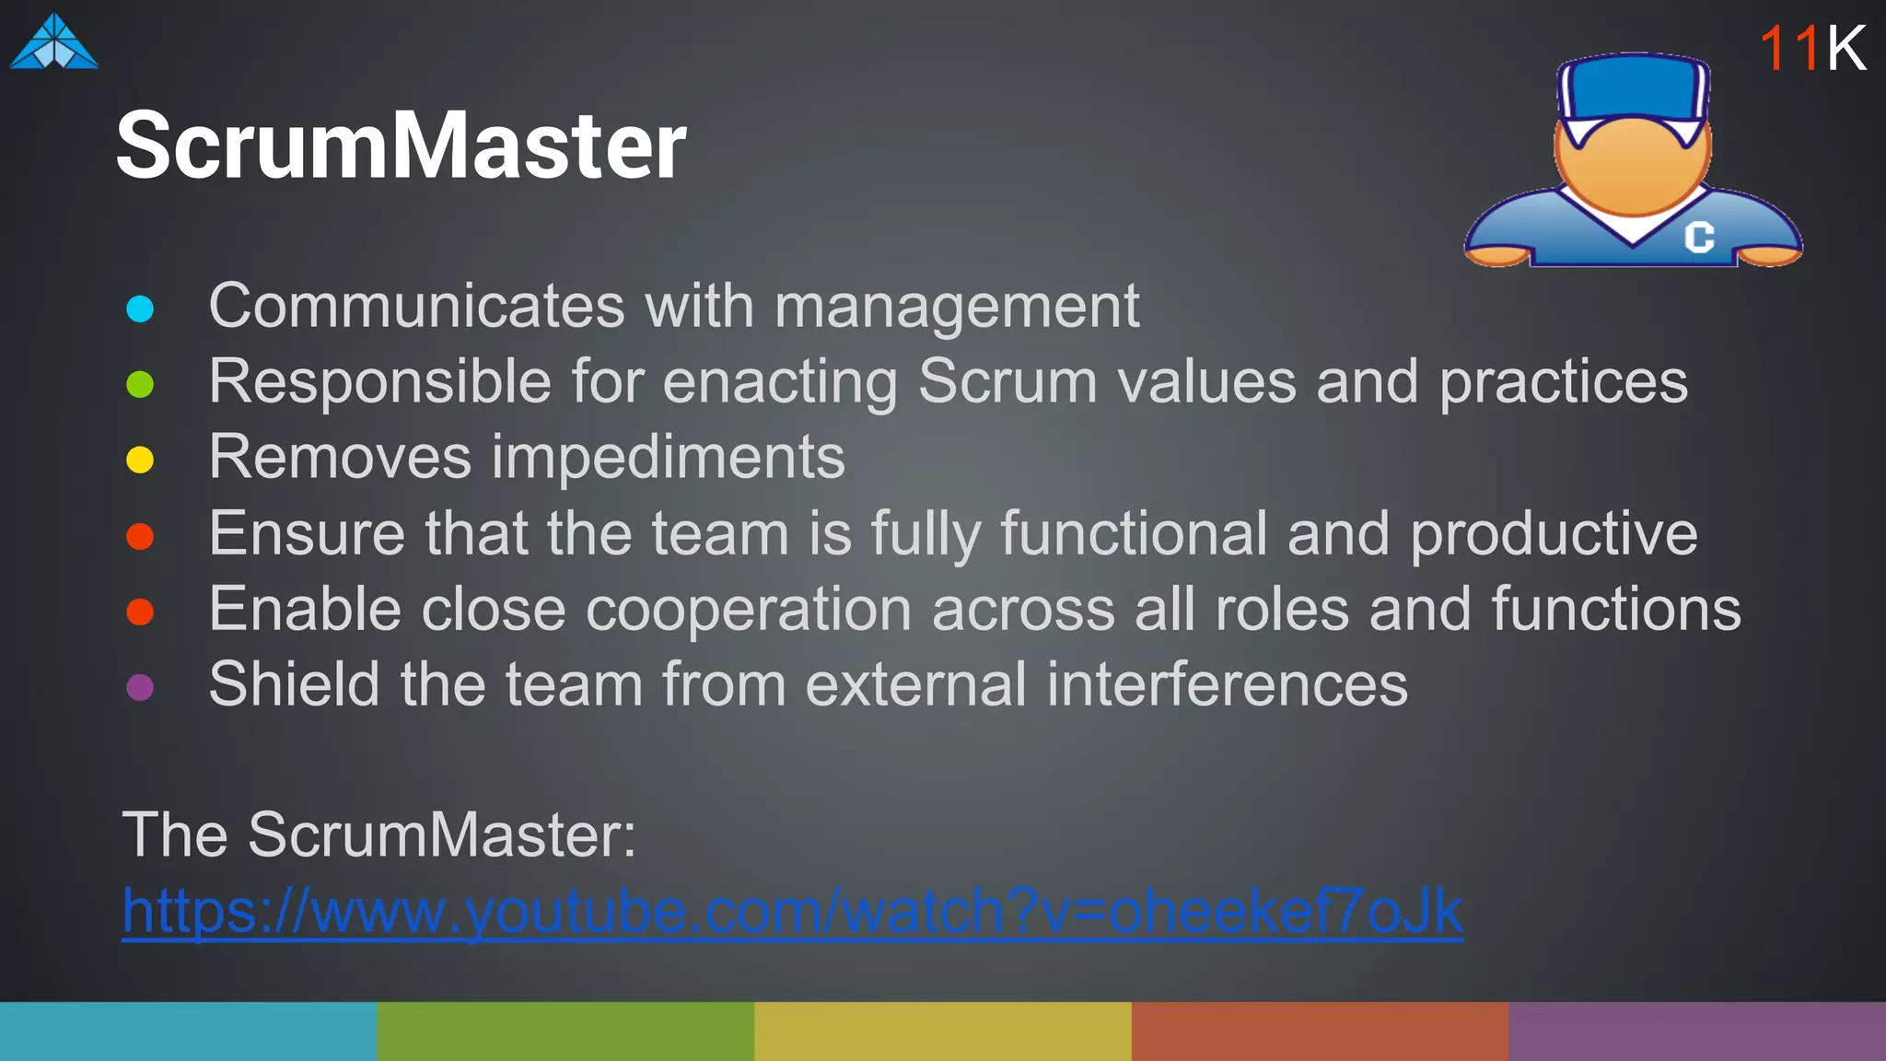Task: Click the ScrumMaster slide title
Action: pyautogui.click(x=401, y=146)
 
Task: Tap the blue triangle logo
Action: pyautogui.click(x=53, y=43)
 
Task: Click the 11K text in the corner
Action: pyautogui.click(x=1811, y=48)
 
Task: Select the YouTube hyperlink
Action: pyautogui.click(x=792, y=911)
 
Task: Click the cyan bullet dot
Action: pyautogui.click(x=140, y=309)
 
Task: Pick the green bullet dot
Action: pyautogui.click(x=140, y=384)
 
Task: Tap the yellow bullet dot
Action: pyautogui.click(x=140, y=460)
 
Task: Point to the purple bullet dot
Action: pyautogui.click(x=140, y=687)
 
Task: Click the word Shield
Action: pyautogui.click(x=294, y=684)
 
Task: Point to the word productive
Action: pyautogui.click(x=1554, y=534)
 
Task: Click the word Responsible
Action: pyautogui.click(x=379, y=382)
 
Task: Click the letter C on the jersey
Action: pyautogui.click(x=1699, y=237)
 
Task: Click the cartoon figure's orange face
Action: pyautogui.click(x=1633, y=166)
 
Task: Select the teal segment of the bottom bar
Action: pyautogui.click(x=188, y=1032)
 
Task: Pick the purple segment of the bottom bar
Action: pyautogui.click(x=1696, y=1032)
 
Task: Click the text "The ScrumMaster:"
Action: pyautogui.click(x=378, y=835)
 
